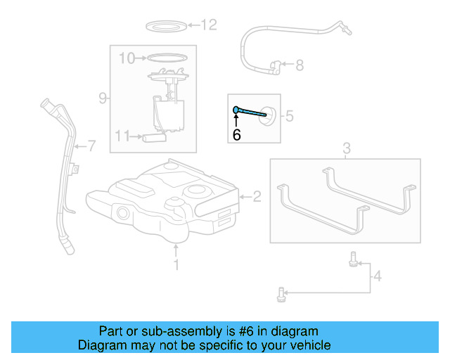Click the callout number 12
coord(209,26)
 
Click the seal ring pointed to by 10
coord(169,58)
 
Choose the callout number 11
coord(122,136)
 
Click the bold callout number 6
coord(236,134)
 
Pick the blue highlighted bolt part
coord(250,111)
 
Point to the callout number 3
coord(346,148)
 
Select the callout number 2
coord(257,197)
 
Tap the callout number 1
coord(176,264)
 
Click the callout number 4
coord(378,277)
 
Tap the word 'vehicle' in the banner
coord(308,345)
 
